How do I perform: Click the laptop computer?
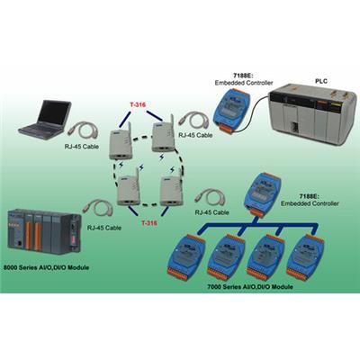tap(45, 120)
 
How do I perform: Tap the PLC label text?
tap(321, 81)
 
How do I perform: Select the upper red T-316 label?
tap(138, 105)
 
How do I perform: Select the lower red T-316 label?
tap(149, 223)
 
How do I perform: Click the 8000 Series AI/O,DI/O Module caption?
tap(46, 267)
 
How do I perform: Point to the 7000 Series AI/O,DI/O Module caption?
tap(250, 287)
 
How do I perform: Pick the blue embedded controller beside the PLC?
tap(231, 110)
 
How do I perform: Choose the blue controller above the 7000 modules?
tap(262, 194)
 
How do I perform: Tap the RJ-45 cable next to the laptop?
tap(83, 131)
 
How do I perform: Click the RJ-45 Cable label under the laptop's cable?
tap(82, 147)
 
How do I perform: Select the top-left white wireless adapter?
tap(121, 142)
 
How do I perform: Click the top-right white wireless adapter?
tap(164, 134)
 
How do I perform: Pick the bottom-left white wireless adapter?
tap(129, 187)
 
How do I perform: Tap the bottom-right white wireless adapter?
tap(172, 188)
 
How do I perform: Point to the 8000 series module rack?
tap(44, 231)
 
